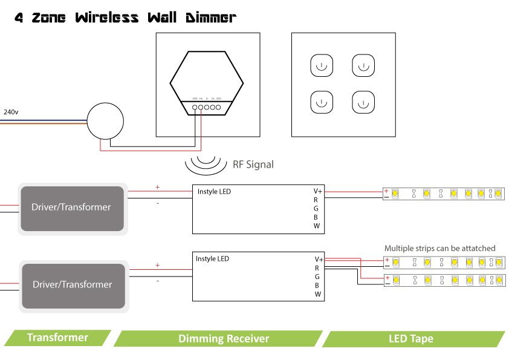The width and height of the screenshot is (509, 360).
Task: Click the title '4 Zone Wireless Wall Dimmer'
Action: [125, 18]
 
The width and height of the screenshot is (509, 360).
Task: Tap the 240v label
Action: [11, 112]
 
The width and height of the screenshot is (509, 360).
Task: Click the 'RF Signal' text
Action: [253, 164]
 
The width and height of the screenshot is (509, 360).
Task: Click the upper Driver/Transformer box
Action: [73, 208]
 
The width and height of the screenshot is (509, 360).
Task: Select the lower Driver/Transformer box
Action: [73, 284]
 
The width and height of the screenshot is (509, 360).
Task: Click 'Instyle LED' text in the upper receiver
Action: [214, 192]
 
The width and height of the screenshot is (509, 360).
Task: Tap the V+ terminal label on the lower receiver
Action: [318, 259]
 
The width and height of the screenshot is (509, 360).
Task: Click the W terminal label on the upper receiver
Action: [316, 226]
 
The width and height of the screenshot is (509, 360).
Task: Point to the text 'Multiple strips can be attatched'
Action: [439, 248]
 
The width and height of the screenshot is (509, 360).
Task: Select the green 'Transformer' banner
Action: [58, 338]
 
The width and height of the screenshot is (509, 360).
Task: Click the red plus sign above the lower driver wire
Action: [157, 265]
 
